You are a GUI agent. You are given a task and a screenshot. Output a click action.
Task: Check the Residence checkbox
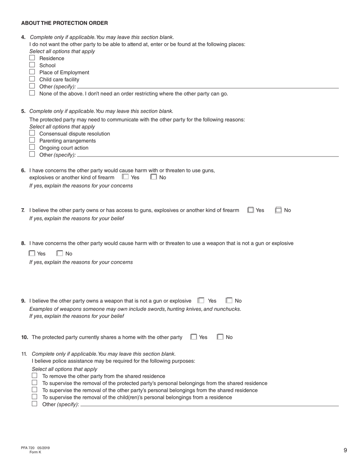[x=32, y=58]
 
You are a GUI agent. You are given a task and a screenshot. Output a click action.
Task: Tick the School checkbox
[x=32, y=65]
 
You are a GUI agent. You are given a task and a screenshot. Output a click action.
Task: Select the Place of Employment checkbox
[x=32, y=72]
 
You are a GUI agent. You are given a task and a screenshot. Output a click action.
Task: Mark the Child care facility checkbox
[x=32, y=79]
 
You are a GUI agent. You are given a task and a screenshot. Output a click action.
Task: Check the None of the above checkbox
[x=32, y=93]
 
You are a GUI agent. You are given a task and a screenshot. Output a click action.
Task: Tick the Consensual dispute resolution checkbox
[x=32, y=133]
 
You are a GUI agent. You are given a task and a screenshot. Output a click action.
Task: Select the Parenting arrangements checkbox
[x=32, y=140]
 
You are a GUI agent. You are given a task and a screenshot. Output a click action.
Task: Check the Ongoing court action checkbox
[x=32, y=147]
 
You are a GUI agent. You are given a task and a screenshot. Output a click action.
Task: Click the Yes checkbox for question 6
[x=125, y=177]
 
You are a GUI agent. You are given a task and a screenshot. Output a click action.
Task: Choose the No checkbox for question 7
[x=279, y=210]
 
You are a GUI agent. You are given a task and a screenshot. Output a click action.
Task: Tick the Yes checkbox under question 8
[x=32, y=253]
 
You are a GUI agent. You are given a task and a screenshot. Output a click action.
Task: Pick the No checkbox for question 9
[x=229, y=300]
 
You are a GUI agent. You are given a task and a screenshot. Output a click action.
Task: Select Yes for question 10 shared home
[x=194, y=337]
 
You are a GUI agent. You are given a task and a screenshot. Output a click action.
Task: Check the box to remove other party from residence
[x=34, y=375]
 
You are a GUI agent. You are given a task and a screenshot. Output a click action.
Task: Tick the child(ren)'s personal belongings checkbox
[x=34, y=397]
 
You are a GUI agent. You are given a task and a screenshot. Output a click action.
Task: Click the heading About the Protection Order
[x=64, y=23]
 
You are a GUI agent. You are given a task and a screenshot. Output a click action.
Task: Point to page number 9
[x=345, y=450]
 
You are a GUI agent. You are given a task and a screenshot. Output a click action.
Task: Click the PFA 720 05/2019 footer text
[x=35, y=448]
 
